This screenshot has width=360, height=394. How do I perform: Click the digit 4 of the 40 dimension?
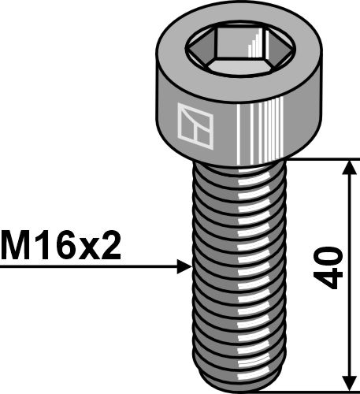332,280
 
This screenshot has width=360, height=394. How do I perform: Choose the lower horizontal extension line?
315,388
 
